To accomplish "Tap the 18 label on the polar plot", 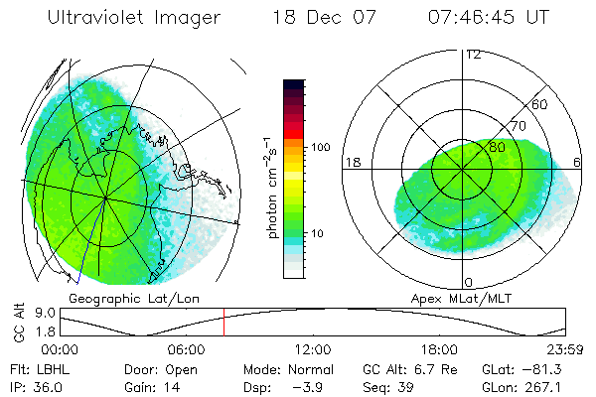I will coord(351,162).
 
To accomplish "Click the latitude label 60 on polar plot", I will coord(541,104).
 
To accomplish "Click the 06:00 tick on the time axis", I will coord(186,349).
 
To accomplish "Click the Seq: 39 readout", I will coord(387,385).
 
